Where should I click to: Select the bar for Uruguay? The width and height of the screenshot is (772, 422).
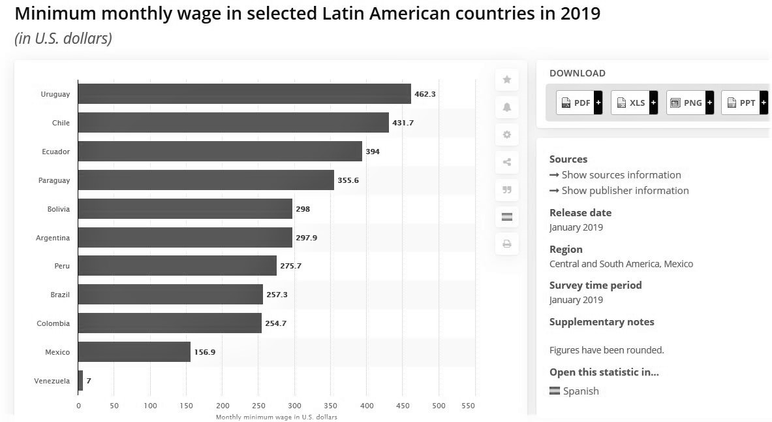point(244,94)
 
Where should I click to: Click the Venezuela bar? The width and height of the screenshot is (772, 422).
point(80,381)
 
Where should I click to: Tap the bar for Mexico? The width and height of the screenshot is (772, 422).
point(134,352)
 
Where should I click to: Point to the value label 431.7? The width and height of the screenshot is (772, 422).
point(403,123)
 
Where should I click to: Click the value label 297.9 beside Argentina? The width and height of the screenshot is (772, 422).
point(306,238)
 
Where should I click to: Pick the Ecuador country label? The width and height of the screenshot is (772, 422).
point(55,152)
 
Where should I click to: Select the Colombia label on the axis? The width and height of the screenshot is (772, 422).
point(54,323)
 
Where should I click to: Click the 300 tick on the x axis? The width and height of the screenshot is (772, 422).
point(294,406)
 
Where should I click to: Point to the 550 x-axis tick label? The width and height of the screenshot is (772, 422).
point(468,406)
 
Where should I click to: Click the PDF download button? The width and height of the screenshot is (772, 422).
point(579,103)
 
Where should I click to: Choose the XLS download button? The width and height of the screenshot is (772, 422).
point(634,103)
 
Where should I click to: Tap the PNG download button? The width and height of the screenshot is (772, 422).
point(689,103)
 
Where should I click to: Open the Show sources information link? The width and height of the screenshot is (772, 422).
point(621,175)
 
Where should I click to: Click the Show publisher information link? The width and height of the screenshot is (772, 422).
point(625,191)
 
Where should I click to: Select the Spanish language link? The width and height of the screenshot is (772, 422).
point(580,391)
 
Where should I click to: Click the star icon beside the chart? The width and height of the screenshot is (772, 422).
point(507,80)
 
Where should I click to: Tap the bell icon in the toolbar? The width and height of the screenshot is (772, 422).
point(507,107)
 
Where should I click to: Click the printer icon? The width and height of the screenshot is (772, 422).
point(507,244)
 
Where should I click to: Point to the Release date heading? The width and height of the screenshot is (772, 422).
point(580,213)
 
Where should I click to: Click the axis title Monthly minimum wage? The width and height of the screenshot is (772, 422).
point(276,417)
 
